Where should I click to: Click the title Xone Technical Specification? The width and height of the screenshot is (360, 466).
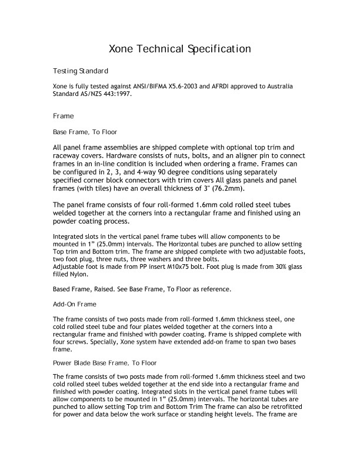tap(181, 48)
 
